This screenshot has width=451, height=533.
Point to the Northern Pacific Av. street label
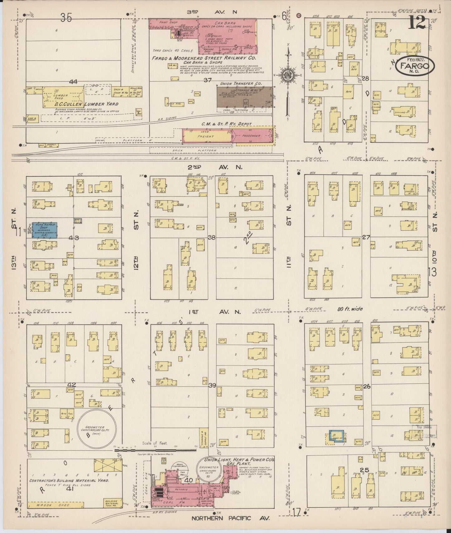(230, 518)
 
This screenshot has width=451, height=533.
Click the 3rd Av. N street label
(212, 12)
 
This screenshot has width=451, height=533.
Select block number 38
(212, 238)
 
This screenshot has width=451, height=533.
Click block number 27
(366, 237)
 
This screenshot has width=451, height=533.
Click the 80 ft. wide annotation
(350, 309)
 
